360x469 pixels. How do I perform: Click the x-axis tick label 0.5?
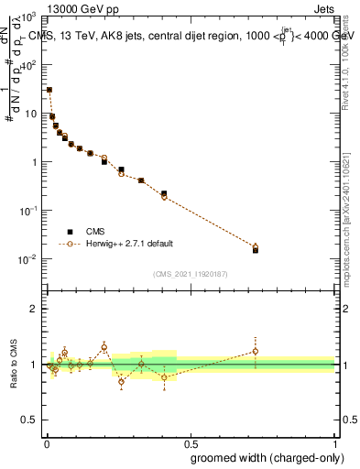(190, 443)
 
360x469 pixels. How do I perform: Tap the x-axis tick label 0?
(47, 443)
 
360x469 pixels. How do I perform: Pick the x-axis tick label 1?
(334, 443)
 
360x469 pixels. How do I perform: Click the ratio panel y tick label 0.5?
(30, 420)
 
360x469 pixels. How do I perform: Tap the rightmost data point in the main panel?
(256, 249)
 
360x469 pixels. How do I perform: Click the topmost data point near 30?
(49, 90)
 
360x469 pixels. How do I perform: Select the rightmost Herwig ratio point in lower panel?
(256, 351)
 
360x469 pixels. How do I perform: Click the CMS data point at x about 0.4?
(164, 194)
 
